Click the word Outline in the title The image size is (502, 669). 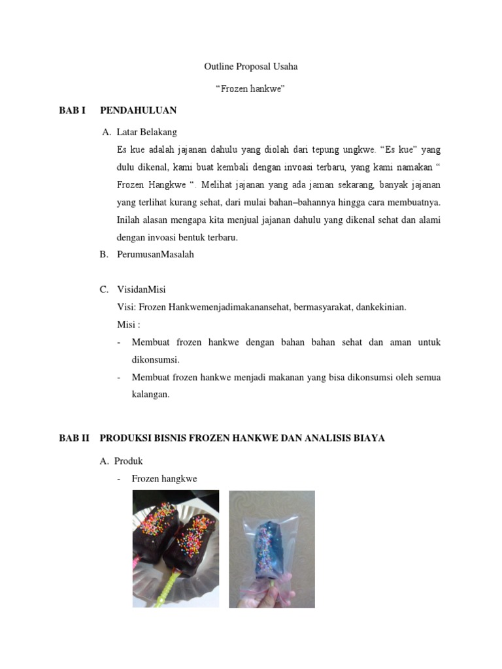[x=218, y=67]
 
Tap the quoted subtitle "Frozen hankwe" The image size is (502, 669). [x=251, y=89]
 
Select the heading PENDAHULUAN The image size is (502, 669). [x=139, y=110]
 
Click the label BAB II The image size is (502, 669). [x=74, y=438]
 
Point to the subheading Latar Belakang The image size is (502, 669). [x=146, y=132]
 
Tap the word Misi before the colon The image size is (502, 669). [x=125, y=325]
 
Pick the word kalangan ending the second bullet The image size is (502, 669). [x=150, y=395]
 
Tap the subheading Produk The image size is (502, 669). [x=128, y=461]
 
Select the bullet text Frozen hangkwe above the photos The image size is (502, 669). [x=164, y=479]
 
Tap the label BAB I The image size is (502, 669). [x=73, y=110]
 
